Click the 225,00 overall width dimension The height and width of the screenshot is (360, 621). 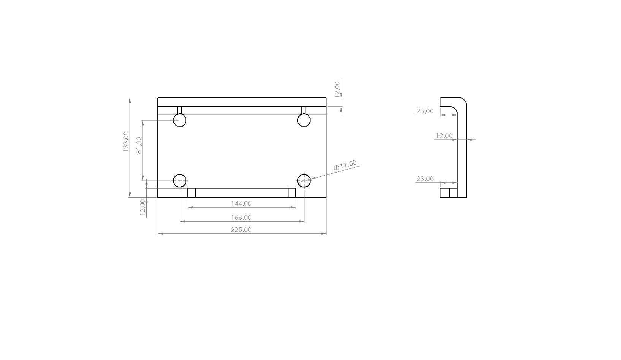coord(241,230)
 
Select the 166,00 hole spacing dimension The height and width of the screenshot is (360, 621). coord(241,217)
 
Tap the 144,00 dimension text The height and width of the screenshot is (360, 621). coord(241,203)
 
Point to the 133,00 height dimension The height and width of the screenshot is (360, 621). coord(126,141)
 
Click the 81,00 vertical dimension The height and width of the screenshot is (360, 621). coord(139,145)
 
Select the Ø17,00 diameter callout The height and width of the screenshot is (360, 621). coord(345,165)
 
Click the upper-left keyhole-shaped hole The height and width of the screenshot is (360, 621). coord(179,120)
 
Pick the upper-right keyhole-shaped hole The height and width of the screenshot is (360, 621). coord(304,120)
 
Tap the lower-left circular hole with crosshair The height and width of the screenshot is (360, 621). coord(180,181)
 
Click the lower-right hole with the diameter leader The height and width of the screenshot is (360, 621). coord(304,181)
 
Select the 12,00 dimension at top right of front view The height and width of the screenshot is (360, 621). coord(337,89)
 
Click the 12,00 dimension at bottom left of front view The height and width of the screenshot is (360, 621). coord(143,208)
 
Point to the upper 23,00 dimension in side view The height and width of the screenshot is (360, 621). coord(425,111)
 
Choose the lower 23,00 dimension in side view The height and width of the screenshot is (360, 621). coord(425,179)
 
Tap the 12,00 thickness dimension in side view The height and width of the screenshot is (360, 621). coord(444,136)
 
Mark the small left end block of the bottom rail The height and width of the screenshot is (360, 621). coord(192,193)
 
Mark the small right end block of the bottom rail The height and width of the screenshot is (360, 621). coord(291,193)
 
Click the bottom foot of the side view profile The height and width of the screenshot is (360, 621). coord(448,193)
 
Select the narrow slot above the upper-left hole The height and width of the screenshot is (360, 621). coord(179,110)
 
